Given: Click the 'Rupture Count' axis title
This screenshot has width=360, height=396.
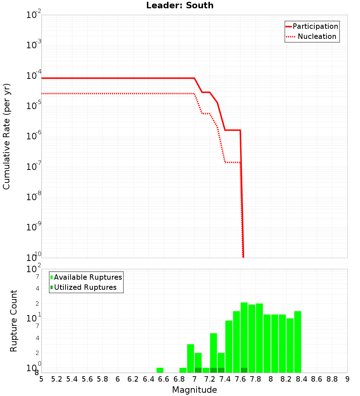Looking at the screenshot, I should click(14, 321).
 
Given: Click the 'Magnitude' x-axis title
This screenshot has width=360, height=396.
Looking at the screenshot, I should click(194, 390).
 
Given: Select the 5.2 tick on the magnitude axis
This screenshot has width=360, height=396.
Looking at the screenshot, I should click(57, 379).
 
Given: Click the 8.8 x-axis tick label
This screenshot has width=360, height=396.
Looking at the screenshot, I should click(332, 379).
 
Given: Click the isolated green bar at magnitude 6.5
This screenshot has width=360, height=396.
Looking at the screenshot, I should click(160, 370).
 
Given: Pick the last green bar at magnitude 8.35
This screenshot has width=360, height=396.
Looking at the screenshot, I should click(297, 342).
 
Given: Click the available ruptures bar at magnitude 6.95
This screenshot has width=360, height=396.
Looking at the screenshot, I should click(190, 358).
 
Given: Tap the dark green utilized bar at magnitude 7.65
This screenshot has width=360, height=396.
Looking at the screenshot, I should click(244, 370).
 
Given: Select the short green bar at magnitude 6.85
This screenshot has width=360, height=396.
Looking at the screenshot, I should click(183, 370).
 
